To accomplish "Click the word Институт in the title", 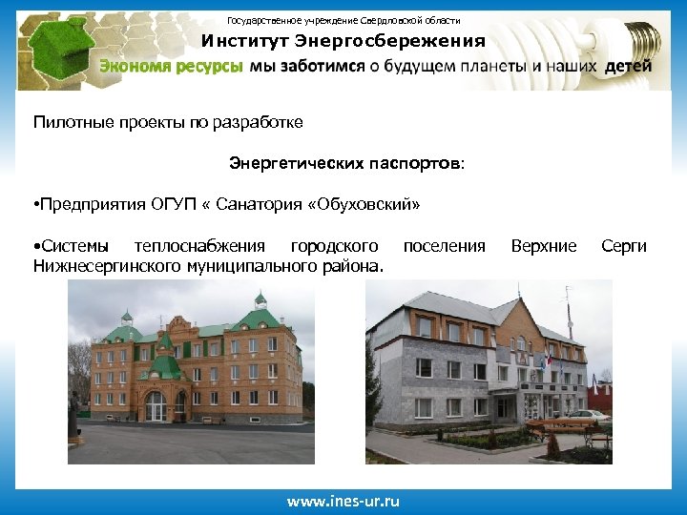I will (x=244, y=41).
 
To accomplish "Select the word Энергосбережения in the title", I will (x=390, y=41).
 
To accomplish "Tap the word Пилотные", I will (x=71, y=122).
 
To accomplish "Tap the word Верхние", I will (x=544, y=246).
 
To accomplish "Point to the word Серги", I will (x=624, y=246).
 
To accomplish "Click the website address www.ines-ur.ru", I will (x=343, y=501).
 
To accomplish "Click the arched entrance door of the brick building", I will (x=156, y=405).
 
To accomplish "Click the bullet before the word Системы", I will (x=35, y=246).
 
